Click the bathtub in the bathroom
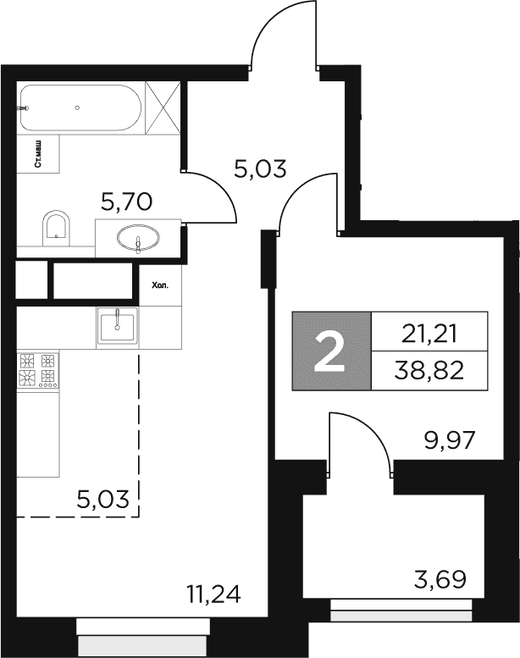80,108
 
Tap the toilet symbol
56,229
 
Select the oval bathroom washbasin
138,239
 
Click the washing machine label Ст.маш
38,154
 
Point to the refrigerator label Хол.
160,286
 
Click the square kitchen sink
118,327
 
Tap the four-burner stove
38,370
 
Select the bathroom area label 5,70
126,202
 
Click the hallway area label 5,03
260,169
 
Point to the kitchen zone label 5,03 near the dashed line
102,500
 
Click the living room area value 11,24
214,594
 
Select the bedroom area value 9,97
450,440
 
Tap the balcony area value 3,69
440,579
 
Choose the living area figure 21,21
429,335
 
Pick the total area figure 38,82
429,370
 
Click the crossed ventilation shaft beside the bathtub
163,108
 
